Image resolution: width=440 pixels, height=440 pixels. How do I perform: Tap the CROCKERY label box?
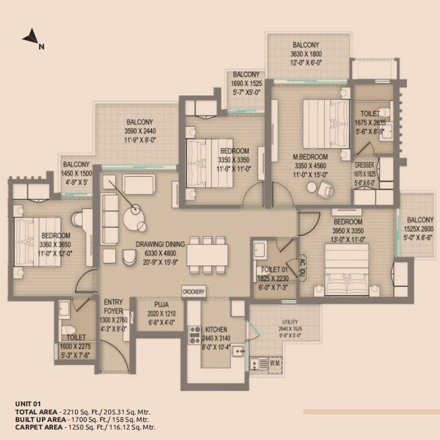point(193,291)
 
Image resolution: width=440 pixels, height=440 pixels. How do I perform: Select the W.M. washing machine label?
point(275,364)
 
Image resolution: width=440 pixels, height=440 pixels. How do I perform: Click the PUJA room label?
point(161,304)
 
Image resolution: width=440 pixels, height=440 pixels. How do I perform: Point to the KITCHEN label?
point(216,329)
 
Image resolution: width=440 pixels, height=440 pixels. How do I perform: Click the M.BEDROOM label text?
point(310,157)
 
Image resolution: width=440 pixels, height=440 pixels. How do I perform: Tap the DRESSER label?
point(364,165)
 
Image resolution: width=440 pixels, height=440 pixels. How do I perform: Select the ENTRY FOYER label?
point(113,307)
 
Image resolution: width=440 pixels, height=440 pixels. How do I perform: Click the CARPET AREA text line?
point(85,427)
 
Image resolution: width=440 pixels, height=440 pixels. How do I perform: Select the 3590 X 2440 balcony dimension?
point(139,131)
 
